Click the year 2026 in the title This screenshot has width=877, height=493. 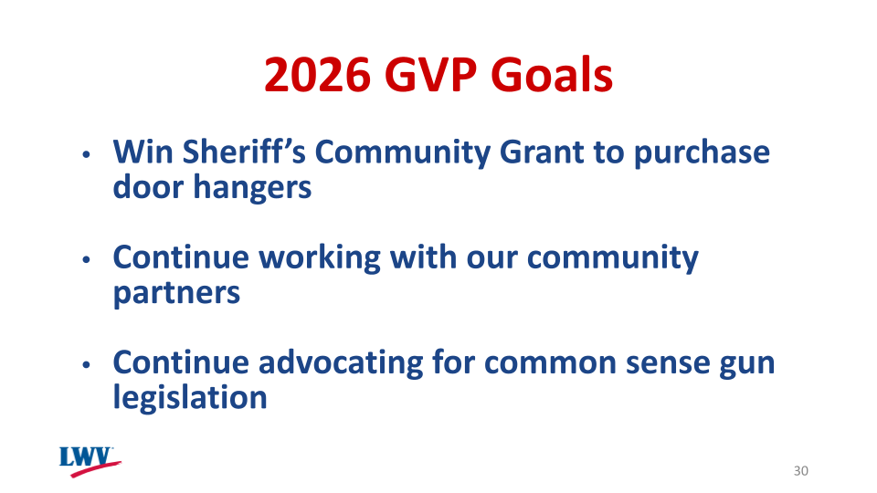[318, 75]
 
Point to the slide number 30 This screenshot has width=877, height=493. [801, 471]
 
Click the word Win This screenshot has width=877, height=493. [138, 152]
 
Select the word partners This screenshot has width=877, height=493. [176, 294]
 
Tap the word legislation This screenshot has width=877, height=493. [189, 398]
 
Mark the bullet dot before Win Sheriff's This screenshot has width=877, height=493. [87, 154]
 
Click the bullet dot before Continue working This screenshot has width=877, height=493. [87, 260]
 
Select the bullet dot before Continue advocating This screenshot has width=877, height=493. [87, 365]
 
